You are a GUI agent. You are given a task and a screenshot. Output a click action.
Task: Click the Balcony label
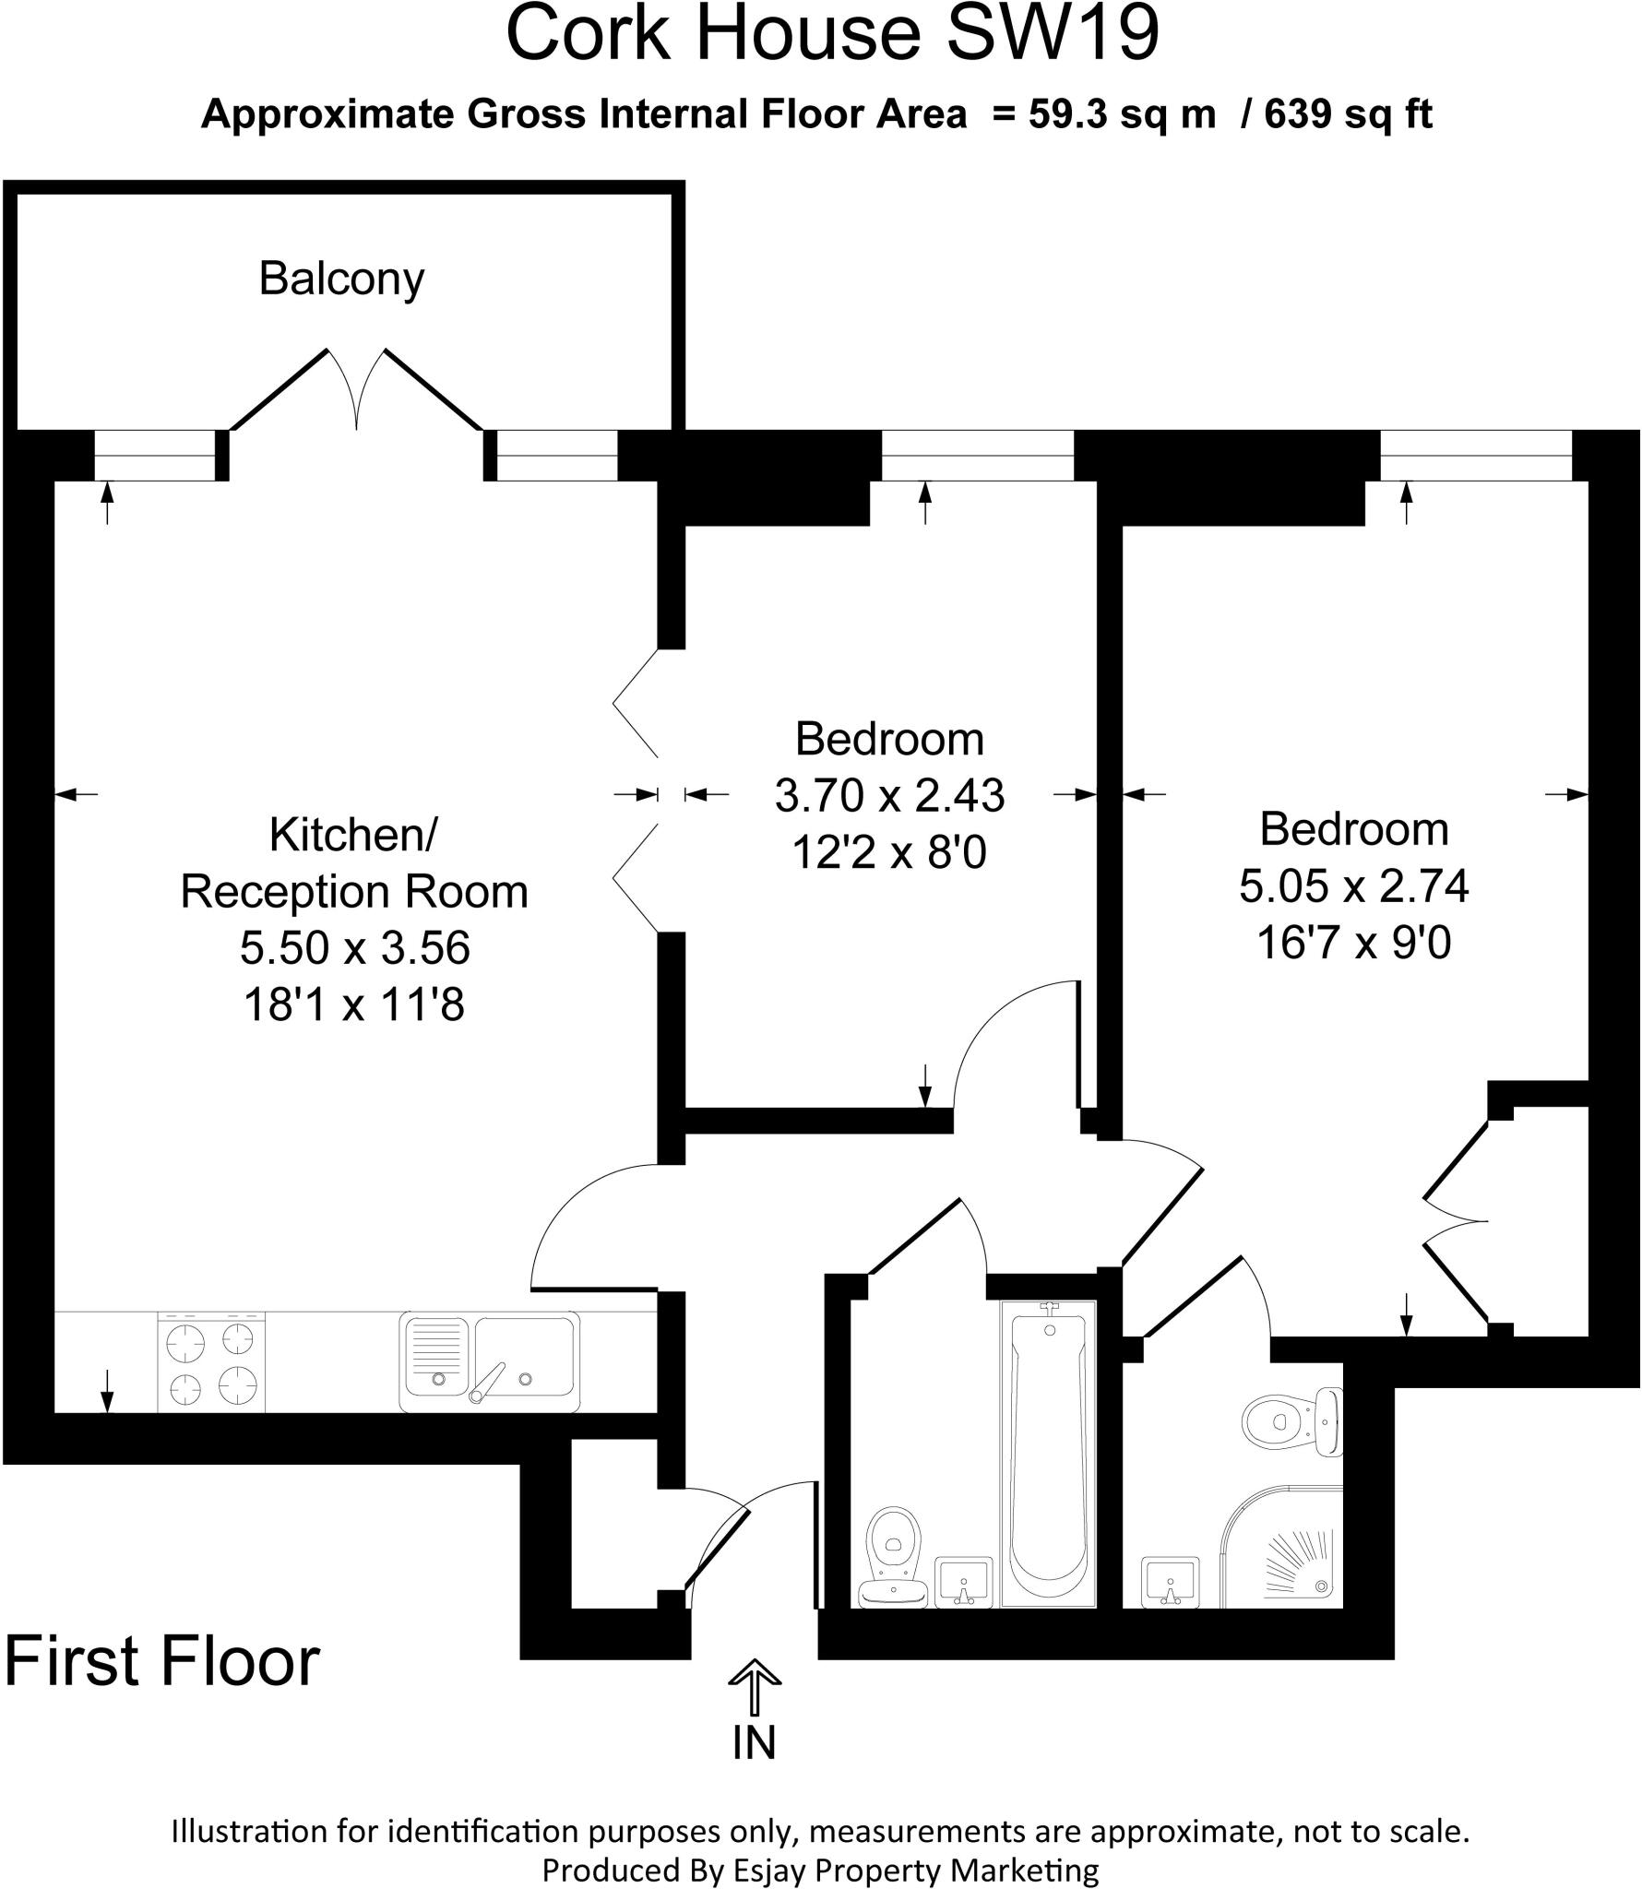[x=341, y=279]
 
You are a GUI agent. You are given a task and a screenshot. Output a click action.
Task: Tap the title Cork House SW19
[x=832, y=33]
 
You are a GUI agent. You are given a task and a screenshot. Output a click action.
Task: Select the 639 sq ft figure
[x=1348, y=114]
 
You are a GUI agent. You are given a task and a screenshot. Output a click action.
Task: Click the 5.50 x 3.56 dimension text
[x=355, y=948]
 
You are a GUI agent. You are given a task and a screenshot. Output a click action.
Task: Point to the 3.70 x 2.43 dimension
[x=889, y=795]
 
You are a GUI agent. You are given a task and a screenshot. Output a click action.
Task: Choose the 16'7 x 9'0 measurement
[x=1354, y=943]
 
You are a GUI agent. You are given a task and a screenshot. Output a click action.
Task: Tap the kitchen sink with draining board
[x=490, y=1361]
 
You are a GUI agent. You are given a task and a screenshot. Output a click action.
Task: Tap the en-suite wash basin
[x=1170, y=1581]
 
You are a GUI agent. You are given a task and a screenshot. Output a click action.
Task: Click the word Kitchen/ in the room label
[x=354, y=835]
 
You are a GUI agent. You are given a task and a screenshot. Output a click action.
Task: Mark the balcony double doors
[x=357, y=391]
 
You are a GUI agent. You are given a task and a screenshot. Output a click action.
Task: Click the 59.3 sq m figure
[x=1122, y=114]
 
